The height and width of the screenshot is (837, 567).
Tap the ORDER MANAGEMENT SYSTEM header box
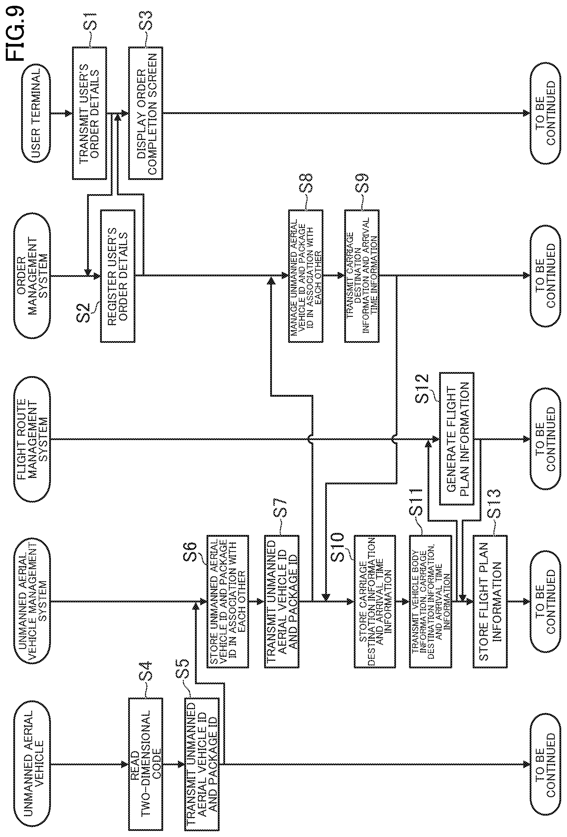coord(32,276)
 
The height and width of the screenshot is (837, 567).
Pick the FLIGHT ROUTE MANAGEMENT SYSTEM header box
coord(32,439)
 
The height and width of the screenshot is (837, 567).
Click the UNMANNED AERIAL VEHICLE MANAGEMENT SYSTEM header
coord(32,601)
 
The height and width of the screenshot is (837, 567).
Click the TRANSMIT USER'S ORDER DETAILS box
coord(89,113)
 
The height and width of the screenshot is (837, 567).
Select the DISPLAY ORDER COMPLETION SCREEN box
coord(146,113)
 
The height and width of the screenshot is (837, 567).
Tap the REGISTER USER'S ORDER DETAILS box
coord(118,276)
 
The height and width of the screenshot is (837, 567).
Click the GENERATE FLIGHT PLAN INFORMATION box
coord(456,439)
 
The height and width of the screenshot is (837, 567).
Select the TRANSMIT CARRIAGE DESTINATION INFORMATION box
coord(361,276)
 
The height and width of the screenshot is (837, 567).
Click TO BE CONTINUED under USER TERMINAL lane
coord(545,113)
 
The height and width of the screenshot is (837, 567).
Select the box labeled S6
coord(227,601)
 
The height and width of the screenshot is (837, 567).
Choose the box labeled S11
coord(430,601)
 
